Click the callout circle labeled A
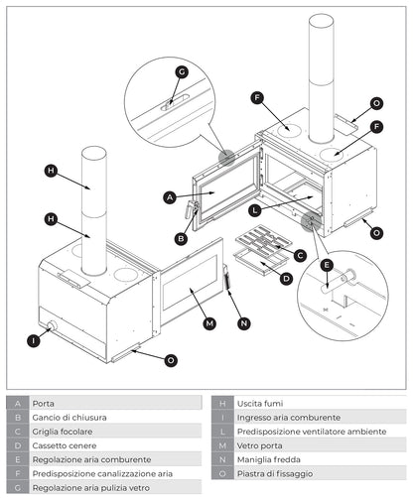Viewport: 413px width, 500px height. pyautogui.click(x=170, y=197)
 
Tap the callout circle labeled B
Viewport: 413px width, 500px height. pyautogui.click(x=181, y=238)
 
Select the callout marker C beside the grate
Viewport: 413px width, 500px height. pyautogui.click(x=301, y=255)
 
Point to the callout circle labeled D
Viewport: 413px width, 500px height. pyautogui.click(x=286, y=278)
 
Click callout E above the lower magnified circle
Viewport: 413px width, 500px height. pyautogui.click(x=327, y=265)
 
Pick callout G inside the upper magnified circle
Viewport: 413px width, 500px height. pyautogui.click(x=181, y=71)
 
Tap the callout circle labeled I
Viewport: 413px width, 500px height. pyautogui.click(x=34, y=340)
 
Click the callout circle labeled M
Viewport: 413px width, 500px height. pyautogui.click(x=209, y=323)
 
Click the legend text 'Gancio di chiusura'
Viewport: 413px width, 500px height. pyautogui.click(x=69, y=418)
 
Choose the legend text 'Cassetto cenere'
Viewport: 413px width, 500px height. pyautogui.click(x=65, y=445)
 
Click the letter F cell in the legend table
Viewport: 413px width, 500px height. pyautogui.click(x=18, y=473)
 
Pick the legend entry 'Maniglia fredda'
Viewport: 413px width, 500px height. pyautogui.click(x=267, y=459)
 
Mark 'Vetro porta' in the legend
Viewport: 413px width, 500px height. pyautogui.click(x=259, y=445)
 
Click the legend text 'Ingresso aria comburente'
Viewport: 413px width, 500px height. pyautogui.click(x=288, y=418)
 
